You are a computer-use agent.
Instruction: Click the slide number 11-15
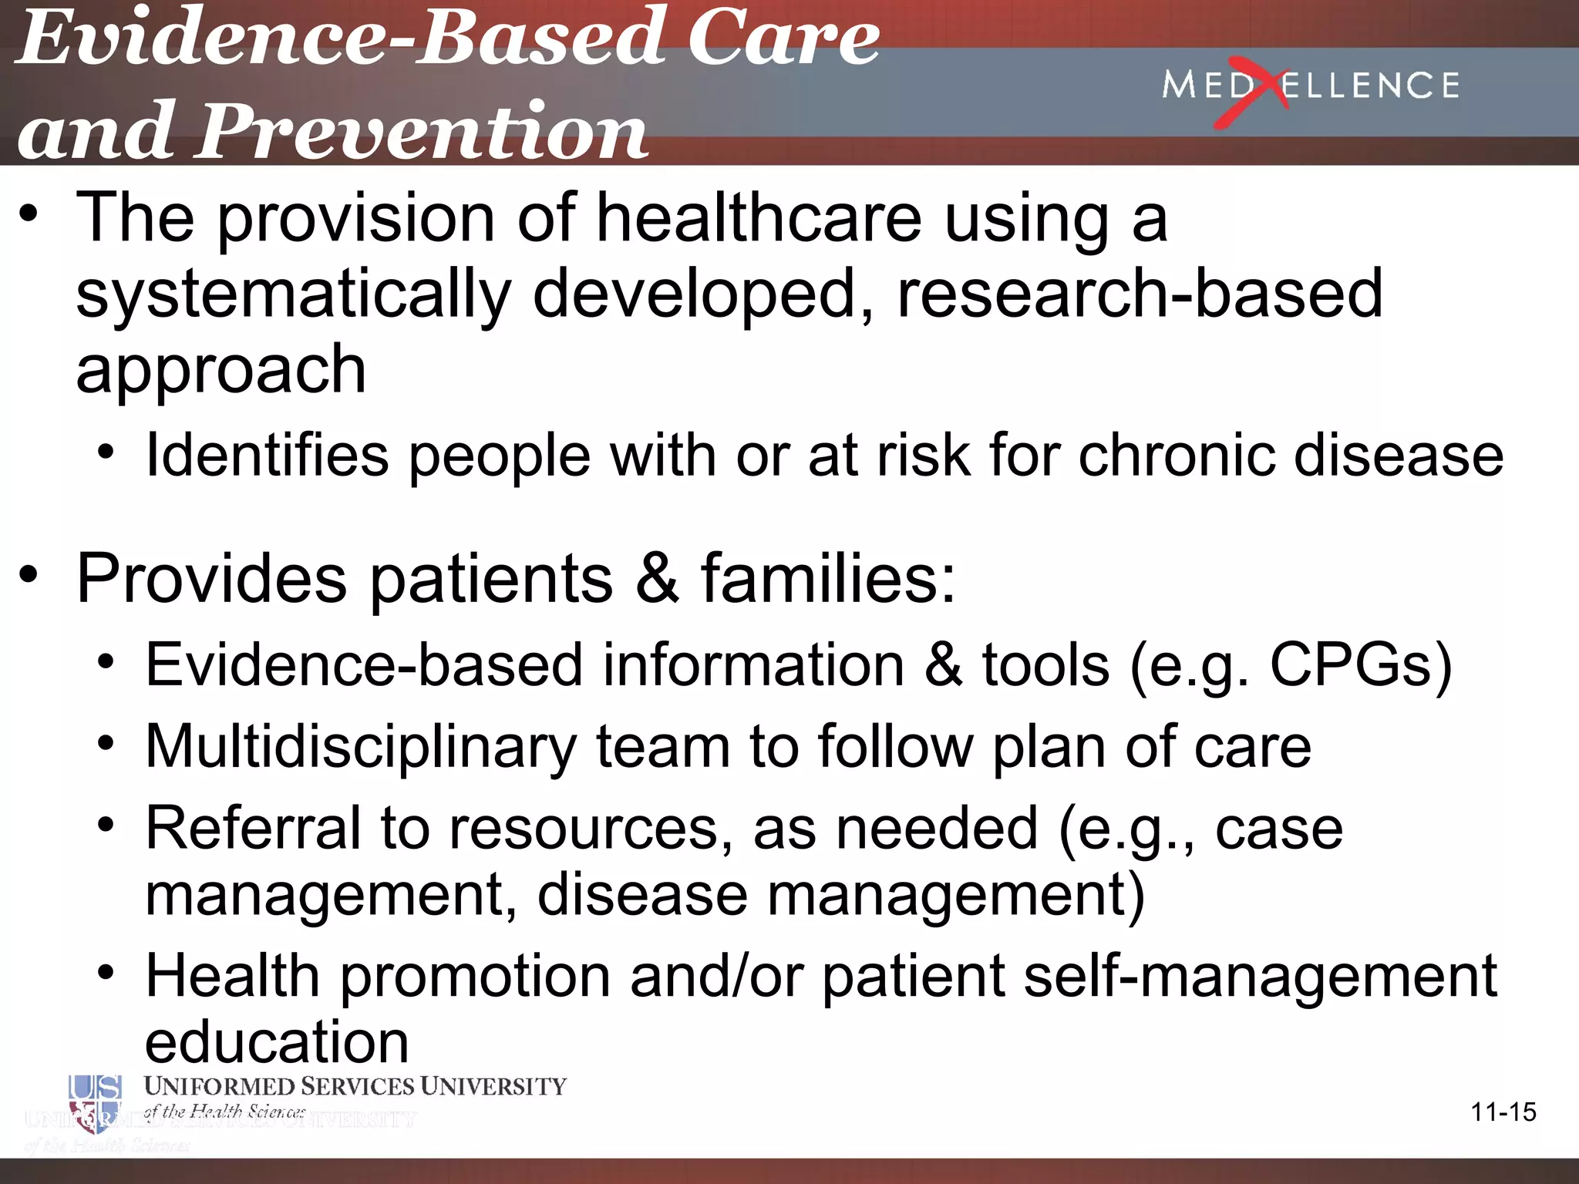(1503, 1112)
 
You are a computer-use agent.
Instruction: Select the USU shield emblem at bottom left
(94, 1104)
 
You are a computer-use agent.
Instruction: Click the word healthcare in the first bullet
(759, 219)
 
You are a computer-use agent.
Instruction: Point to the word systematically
(293, 296)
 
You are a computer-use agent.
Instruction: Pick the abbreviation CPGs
(1351, 664)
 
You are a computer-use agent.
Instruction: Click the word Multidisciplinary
(361, 748)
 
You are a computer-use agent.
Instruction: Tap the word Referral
(253, 829)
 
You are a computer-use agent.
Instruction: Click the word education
(276, 1042)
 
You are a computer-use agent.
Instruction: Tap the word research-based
(1140, 294)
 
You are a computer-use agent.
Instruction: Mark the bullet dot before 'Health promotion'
(106, 973)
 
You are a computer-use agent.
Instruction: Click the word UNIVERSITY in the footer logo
(493, 1087)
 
